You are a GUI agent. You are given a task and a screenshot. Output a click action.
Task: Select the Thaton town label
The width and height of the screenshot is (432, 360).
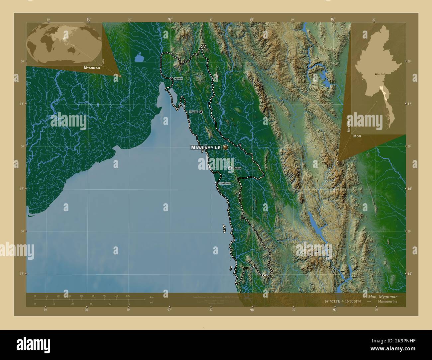[x=193, y=112]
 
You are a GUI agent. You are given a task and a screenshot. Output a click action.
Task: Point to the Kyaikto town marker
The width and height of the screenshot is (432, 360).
[x=171, y=79]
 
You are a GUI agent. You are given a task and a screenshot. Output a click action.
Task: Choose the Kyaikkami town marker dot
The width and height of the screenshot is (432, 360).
[x=217, y=183]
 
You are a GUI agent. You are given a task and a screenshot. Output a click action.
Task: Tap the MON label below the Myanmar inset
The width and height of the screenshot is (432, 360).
[x=357, y=136]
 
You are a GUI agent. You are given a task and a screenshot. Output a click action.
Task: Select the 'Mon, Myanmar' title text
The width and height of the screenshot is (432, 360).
[x=382, y=296]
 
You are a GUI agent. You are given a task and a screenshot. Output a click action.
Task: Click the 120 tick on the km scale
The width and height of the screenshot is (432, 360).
[x=128, y=296]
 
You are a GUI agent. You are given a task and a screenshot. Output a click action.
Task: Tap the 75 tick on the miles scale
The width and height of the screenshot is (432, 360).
[x=128, y=304]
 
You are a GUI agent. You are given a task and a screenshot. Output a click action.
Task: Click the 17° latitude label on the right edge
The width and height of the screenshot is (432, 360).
[x=410, y=104]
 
